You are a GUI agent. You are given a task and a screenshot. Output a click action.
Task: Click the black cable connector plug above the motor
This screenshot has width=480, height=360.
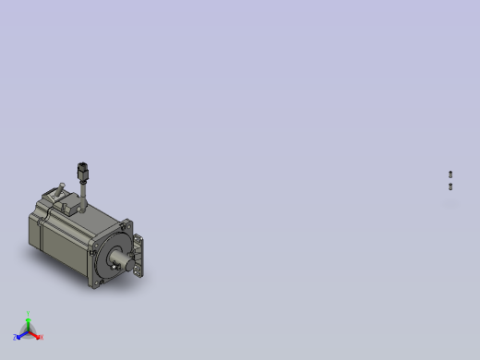pyautogui.click(x=82, y=171)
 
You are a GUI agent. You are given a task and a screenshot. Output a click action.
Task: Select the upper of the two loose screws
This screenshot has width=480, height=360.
pyautogui.click(x=450, y=174)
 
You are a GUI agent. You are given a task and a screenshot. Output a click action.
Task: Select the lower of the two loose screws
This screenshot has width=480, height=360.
pyautogui.click(x=450, y=186)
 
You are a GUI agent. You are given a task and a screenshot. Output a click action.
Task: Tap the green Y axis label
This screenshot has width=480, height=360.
pyautogui.click(x=29, y=314)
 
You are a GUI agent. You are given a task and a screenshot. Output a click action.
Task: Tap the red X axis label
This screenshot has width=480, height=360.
pyautogui.click(x=42, y=338)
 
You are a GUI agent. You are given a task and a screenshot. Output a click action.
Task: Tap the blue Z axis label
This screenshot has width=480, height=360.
pyautogui.click(x=16, y=338)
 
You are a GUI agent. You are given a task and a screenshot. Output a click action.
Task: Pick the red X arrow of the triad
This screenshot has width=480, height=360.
pyautogui.click(x=36, y=335)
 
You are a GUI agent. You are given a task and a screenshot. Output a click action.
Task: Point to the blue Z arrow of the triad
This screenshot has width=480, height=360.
pyautogui.click(x=20, y=335)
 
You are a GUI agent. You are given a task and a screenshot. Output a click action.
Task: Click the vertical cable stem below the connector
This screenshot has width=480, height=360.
pyautogui.click(x=82, y=194)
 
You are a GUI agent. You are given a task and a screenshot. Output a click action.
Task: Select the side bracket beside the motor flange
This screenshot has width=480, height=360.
pyautogui.click(x=139, y=254)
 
